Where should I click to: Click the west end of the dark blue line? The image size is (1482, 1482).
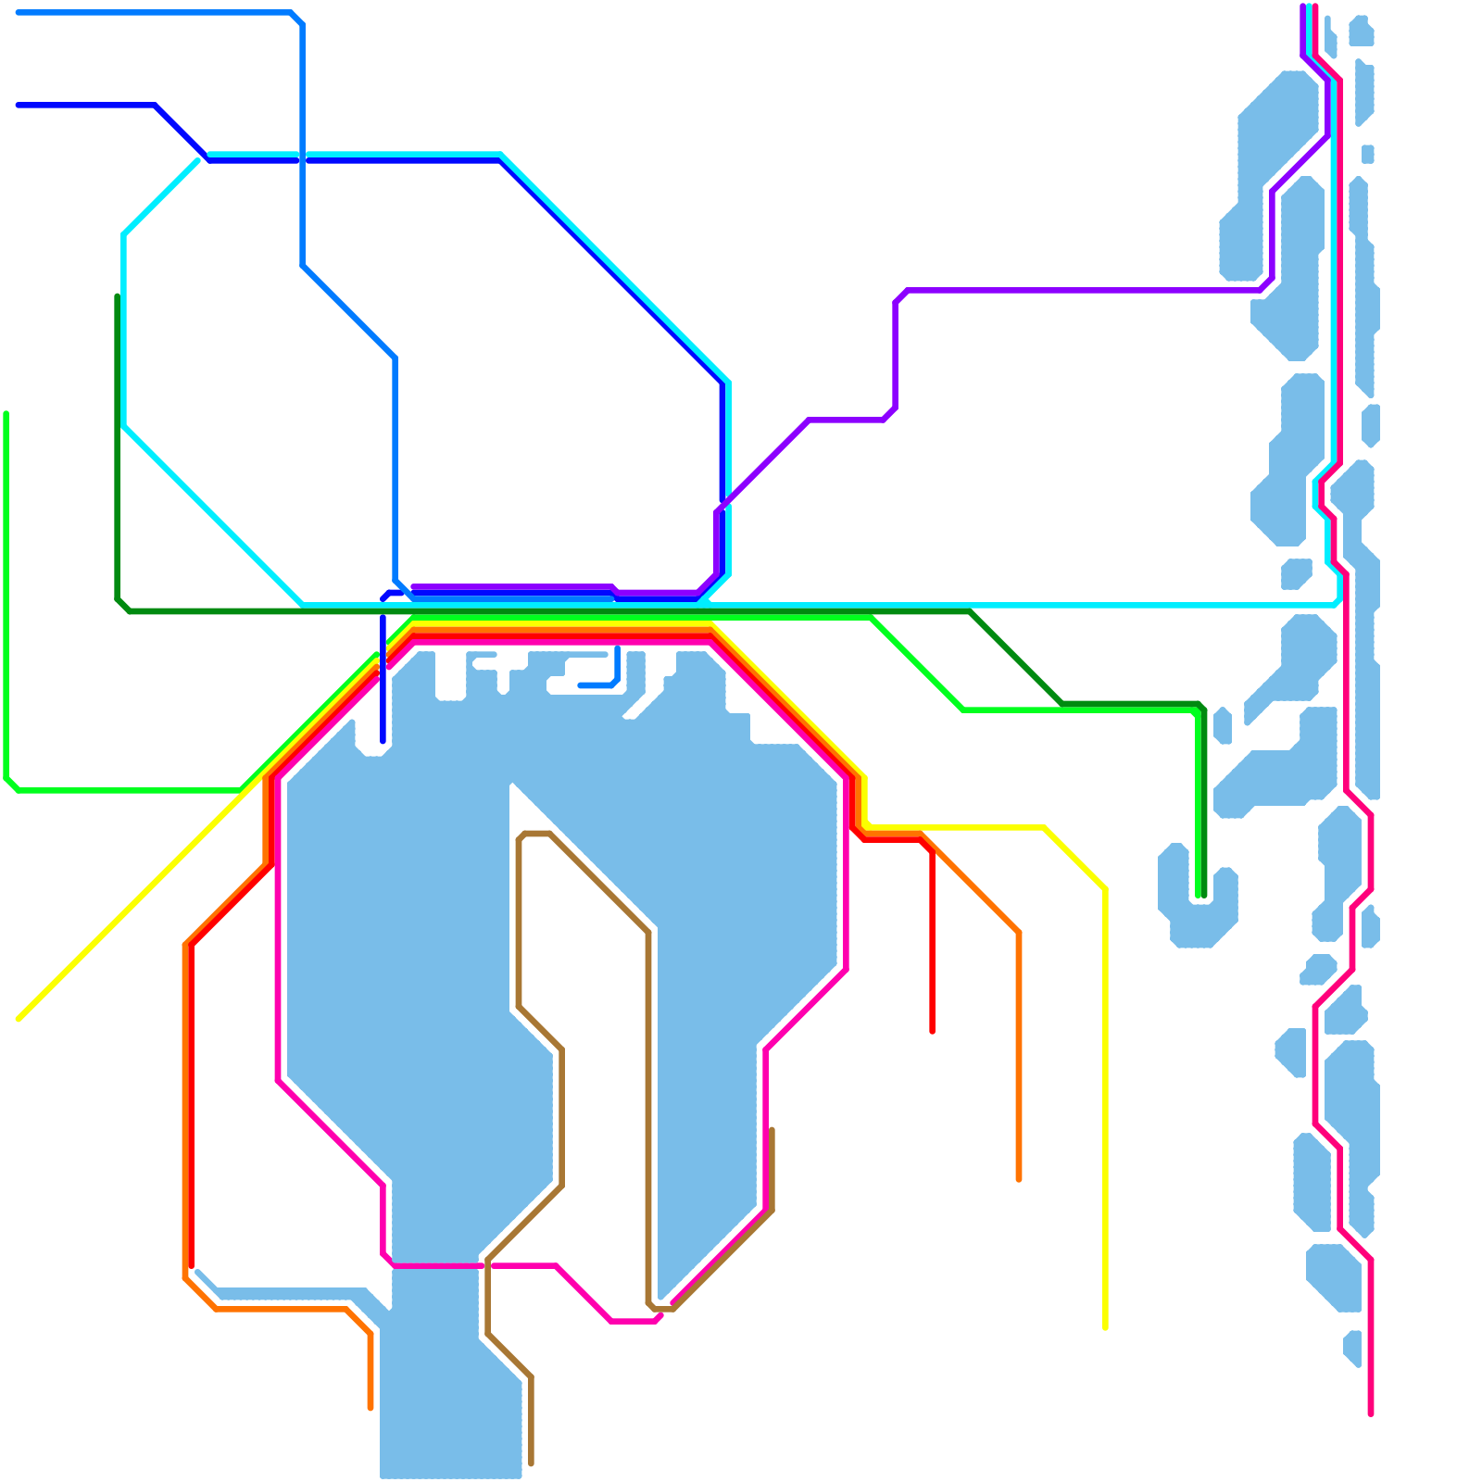tap(19, 106)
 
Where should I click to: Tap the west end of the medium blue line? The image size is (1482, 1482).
tap(19, 13)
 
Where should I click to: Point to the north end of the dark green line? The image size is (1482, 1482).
tap(118, 296)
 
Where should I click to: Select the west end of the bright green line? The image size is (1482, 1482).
tap(6, 414)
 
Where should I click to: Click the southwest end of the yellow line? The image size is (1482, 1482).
tap(19, 1020)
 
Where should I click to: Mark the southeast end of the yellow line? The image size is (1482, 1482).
tap(1105, 1328)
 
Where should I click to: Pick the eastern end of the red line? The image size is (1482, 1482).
tap(932, 1031)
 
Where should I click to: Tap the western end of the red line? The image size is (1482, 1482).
tap(191, 1265)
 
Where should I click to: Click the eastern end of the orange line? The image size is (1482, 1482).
tap(1019, 1179)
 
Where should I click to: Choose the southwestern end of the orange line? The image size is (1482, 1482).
tap(370, 1408)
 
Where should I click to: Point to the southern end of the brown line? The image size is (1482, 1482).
tap(531, 1463)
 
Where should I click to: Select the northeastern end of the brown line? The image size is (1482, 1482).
tap(772, 1130)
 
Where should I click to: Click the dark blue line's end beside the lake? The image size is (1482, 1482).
tap(383, 741)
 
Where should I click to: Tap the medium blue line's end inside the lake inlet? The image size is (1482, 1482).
tap(581, 685)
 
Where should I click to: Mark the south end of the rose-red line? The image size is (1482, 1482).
tap(1371, 1413)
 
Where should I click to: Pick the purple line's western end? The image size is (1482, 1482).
tap(414, 587)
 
